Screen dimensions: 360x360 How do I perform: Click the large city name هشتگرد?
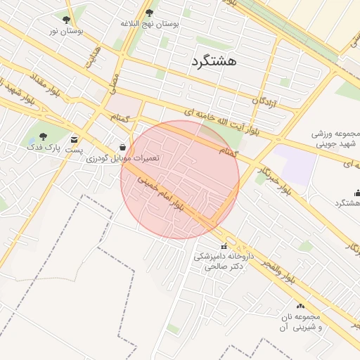click(x=213, y=61)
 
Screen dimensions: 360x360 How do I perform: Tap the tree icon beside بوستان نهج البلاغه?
click(x=149, y=13)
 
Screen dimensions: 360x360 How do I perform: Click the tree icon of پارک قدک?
click(x=44, y=136)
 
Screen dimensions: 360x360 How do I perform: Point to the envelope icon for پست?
click(x=75, y=139)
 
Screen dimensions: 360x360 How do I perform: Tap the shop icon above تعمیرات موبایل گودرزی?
click(x=124, y=148)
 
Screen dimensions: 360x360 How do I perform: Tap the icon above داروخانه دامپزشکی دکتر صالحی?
click(x=224, y=246)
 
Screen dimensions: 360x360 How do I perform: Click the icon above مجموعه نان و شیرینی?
click(x=301, y=306)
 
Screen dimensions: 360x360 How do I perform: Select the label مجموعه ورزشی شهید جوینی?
click(x=335, y=139)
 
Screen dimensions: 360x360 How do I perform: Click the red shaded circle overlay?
click(x=180, y=180)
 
